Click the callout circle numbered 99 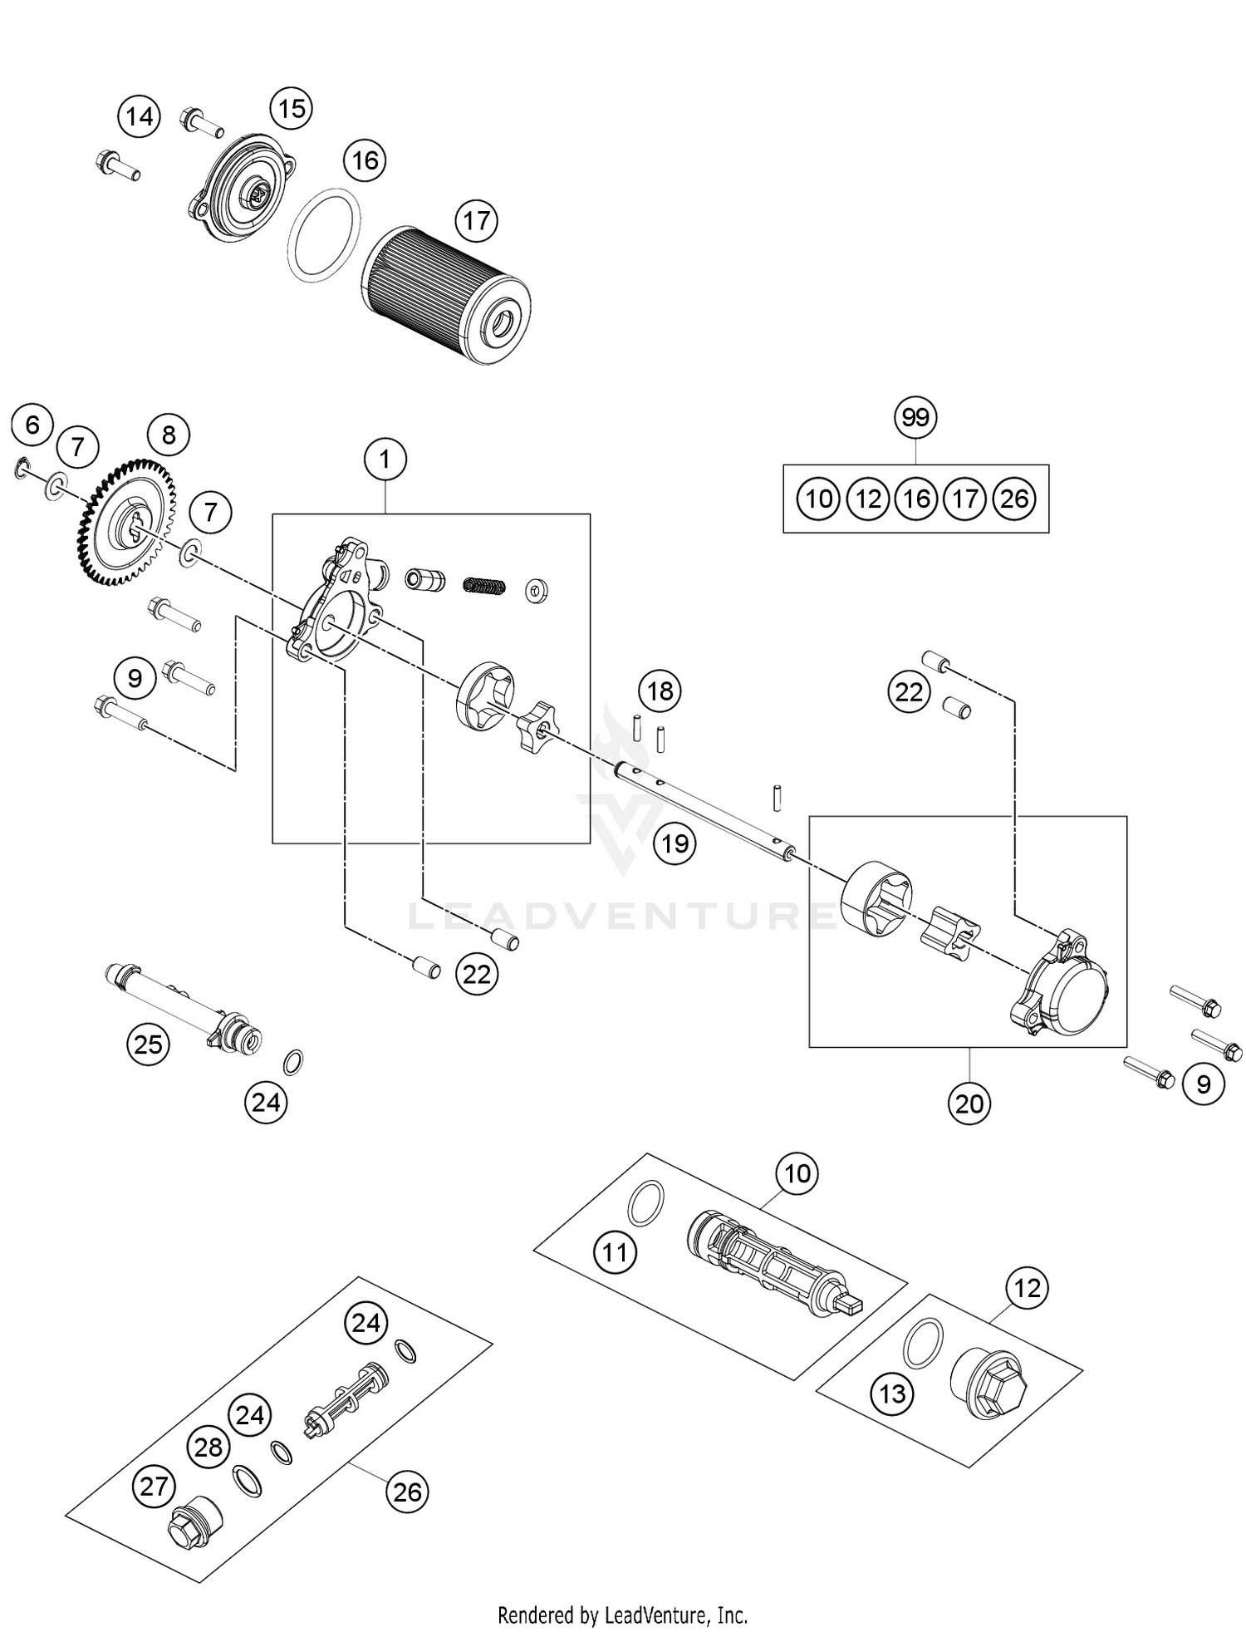915,417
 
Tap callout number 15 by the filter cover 292,109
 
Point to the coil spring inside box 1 483,585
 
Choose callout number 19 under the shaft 675,844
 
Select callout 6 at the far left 32,425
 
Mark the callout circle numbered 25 148,1044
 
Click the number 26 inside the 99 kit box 1014,499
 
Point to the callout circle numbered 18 660,691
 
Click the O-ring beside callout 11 646,1203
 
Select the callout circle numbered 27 154,1486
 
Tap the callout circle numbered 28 208,1448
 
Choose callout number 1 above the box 385,459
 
